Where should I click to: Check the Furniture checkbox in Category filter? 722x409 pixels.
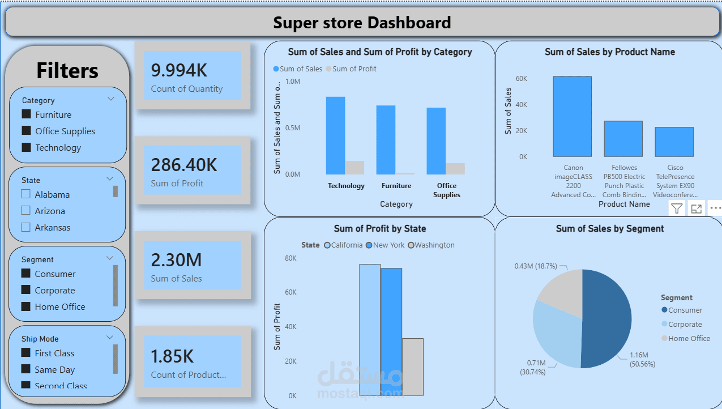pos(26,114)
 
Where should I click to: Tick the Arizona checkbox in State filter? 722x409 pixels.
pos(25,211)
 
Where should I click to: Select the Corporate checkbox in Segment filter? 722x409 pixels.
pos(25,290)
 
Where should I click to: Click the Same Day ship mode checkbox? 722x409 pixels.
pos(25,369)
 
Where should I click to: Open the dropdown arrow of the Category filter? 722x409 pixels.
pos(111,99)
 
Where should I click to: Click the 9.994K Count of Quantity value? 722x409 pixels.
pos(179,70)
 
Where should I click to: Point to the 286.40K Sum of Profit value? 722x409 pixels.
pos(183,165)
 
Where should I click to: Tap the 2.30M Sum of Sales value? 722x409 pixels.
pos(176,260)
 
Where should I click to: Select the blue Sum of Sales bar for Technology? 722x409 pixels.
pos(335,135)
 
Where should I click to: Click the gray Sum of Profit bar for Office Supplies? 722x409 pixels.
pos(455,168)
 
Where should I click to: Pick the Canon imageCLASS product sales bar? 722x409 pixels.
pos(572,116)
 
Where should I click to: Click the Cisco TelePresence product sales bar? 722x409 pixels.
pos(674,142)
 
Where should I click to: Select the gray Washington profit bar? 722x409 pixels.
pos(412,367)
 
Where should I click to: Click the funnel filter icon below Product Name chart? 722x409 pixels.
pos(677,208)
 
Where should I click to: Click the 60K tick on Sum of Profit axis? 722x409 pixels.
pos(290,292)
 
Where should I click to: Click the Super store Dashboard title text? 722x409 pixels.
pos(362,23)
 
